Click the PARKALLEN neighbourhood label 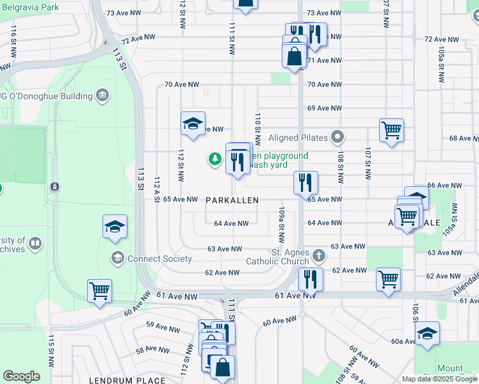click(x=232, y=200)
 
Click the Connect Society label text click(x=159, y=259)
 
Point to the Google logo click(x=21, y=376)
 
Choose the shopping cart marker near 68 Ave click(x=391, y=131)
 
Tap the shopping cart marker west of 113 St click(x=99, y=291)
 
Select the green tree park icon click(x=216, y=159)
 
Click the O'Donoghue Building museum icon click(x=102, y=96)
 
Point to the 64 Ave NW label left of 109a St click(x=231, y=223)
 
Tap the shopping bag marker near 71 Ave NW click(x=294, y=56)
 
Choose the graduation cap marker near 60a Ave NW click(x=427, y=333)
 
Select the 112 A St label click(x=156, y=191)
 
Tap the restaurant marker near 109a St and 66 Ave click(x=306, y=182)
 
